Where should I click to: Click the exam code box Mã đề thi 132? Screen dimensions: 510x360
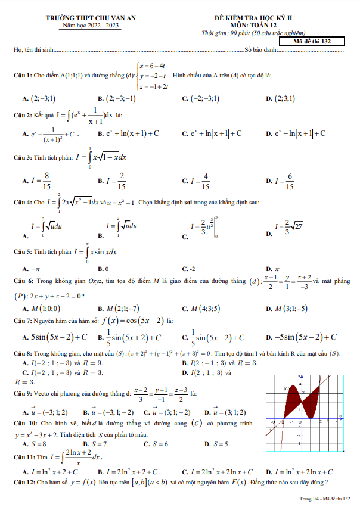tap(319, 42)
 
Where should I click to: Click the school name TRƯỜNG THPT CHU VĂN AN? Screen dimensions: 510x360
tap(91, 19)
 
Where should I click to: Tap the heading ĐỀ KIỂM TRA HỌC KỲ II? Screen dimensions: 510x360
tap(267, 19)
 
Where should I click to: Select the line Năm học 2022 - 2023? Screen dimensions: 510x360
tap(91, 26)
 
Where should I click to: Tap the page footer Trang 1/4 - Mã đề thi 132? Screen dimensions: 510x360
tap(324, 497)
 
